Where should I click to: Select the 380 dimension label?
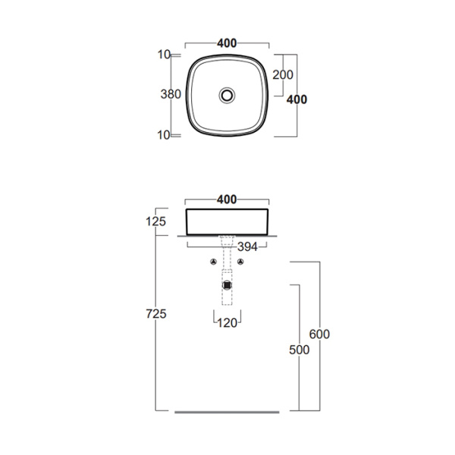(x=171, y=96)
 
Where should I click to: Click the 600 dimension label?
(x=319, y=334)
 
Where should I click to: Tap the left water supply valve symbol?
(x=214, y=262)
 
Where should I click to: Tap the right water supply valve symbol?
(x=241, y=262)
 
